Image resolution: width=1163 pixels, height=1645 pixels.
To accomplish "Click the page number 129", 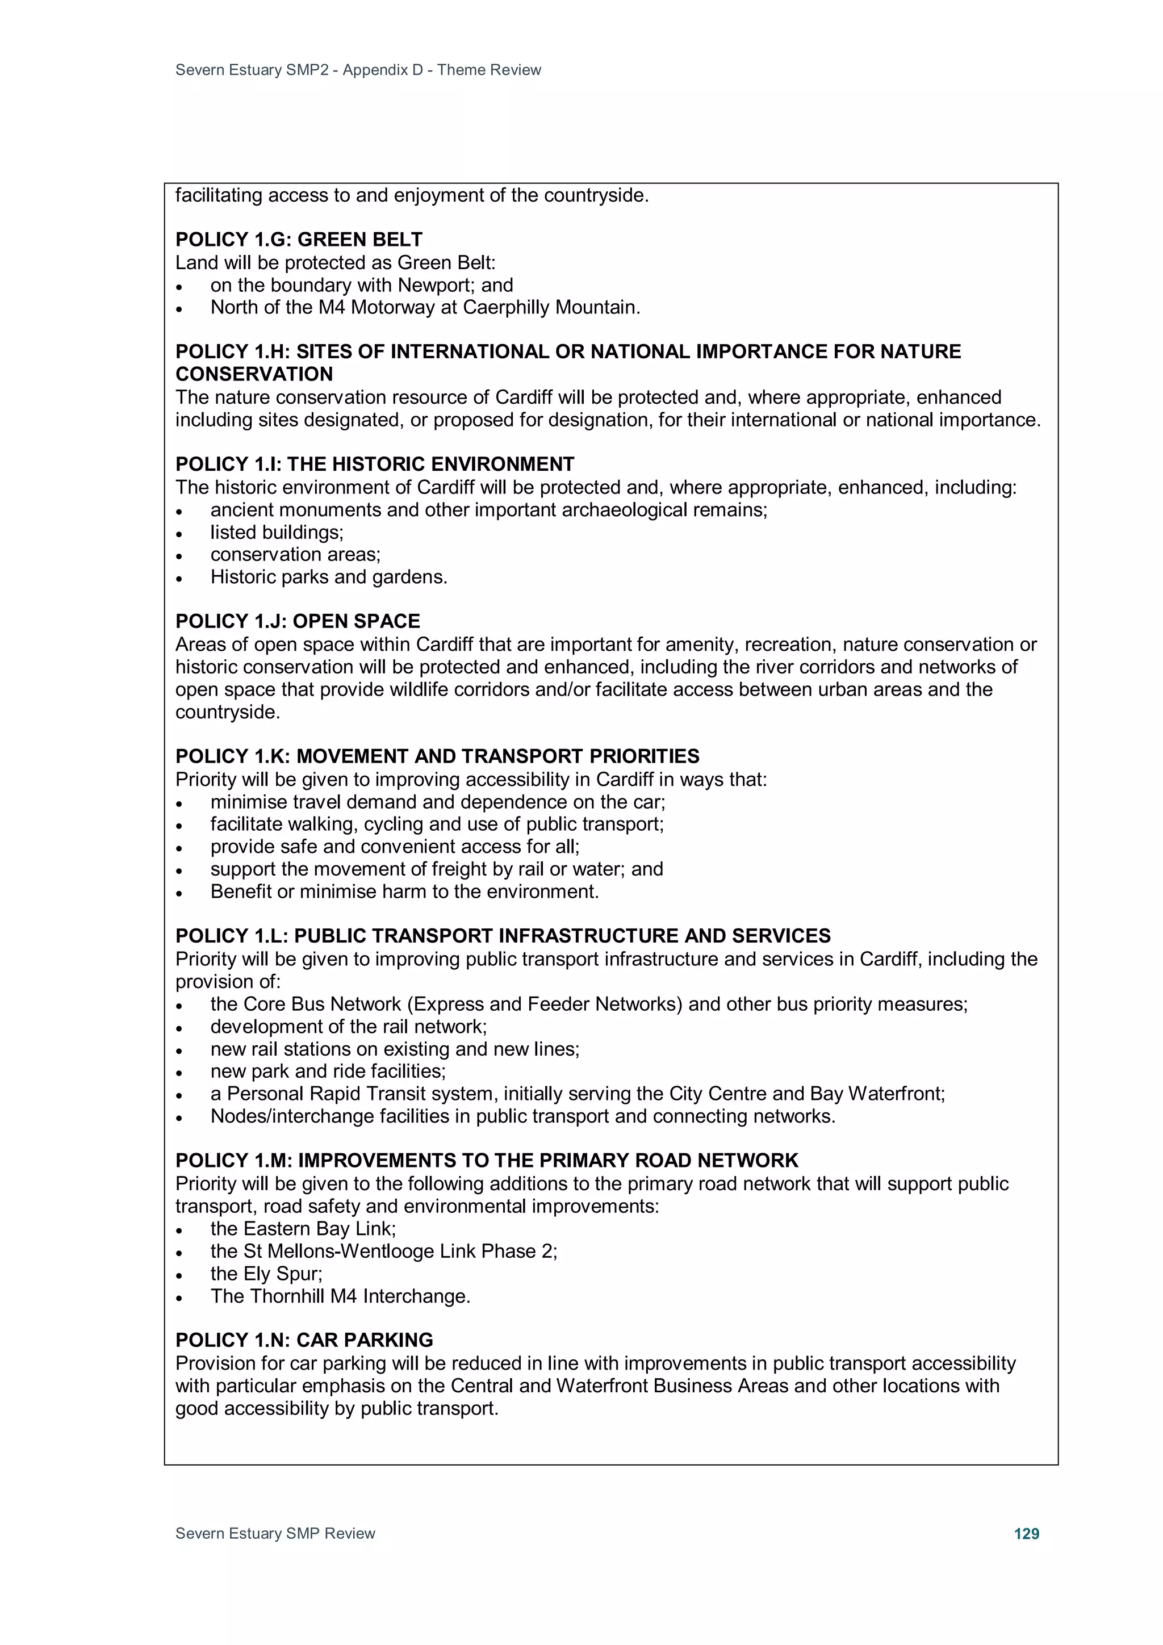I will click(1026, 1533).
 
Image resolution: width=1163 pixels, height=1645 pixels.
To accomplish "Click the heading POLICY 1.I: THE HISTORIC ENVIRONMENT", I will click(375, 464).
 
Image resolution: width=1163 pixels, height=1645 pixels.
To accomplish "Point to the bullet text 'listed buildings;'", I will click(277, 532).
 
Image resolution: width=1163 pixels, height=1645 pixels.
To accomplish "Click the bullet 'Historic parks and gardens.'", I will click(329, 577).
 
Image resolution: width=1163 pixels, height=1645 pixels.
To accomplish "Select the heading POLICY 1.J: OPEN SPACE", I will click(298, 621).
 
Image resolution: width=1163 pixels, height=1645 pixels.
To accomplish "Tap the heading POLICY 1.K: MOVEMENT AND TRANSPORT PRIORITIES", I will click(437, 756).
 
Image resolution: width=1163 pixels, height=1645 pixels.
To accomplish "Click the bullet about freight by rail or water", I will click(436, 869).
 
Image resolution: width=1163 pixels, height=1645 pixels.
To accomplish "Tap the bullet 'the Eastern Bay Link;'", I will click(303, 1229).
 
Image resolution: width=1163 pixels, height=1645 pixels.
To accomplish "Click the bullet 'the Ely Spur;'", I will click(266, 1273).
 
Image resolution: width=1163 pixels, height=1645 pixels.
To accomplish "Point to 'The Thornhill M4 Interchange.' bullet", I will click(340, 1296).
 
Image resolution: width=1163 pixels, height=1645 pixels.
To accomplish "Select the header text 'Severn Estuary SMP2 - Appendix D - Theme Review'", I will click(358, 70).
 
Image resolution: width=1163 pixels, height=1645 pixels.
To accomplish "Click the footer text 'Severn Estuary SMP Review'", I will click(275, 1533).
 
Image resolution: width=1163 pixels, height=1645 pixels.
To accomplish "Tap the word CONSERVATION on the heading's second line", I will click(254, 374).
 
